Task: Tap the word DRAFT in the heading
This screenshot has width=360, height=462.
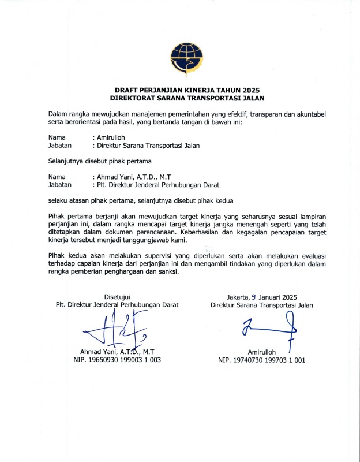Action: click(x=128, y=90)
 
